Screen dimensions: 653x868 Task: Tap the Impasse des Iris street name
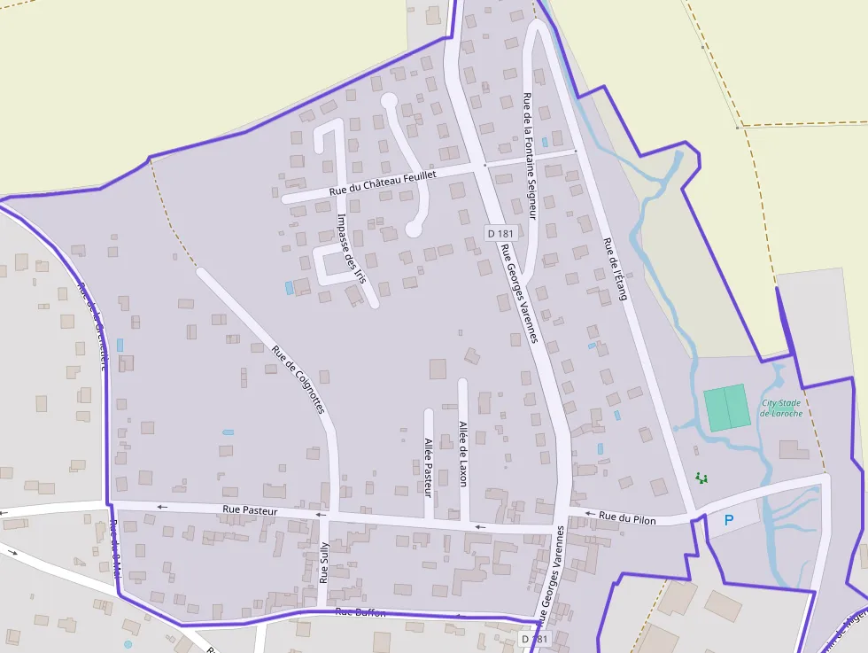point(352,247)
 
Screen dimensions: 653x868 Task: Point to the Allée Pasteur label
point(428,466)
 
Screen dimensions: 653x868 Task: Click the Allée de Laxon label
point(462,454)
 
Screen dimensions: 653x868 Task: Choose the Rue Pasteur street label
point(250,510)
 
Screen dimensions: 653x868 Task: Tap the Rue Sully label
point(324,564)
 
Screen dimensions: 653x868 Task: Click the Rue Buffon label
point(360,612)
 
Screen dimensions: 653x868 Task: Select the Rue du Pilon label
point(627,518)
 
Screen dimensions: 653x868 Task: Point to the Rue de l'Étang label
point(615,268)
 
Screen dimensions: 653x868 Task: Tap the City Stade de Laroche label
point(781,408)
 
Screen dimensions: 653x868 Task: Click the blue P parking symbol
point(729,520)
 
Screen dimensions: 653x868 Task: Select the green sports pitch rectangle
point(726,408)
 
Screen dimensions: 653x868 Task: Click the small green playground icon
point(702,478)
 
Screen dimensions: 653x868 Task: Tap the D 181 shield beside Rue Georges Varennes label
point(500,234)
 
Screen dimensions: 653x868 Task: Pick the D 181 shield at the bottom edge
point(534,639)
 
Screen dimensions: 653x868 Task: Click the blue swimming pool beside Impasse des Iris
point(289,288)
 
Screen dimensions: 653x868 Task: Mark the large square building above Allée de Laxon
point(438,369)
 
